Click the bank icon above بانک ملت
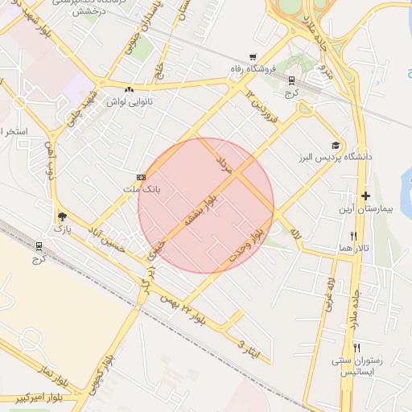click(142, 177)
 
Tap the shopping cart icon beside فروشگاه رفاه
click(253, 57)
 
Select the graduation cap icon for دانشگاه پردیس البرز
click(335, 146)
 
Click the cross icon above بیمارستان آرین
click(365, 196)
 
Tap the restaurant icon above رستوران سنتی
click(356, 347)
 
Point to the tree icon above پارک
click(62, 216)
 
